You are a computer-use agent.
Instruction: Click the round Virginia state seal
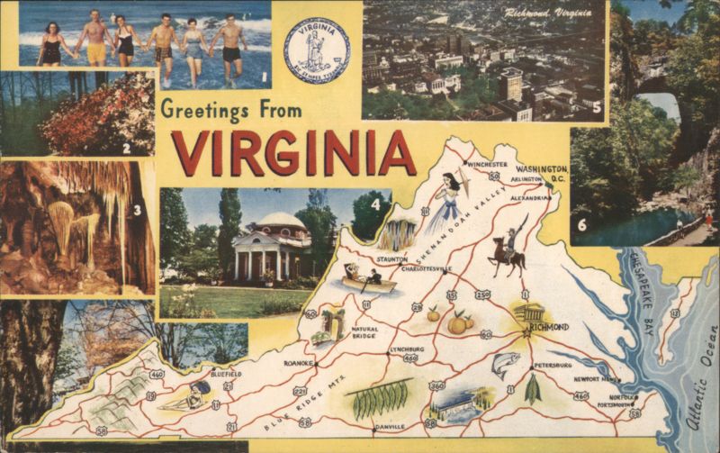[x=317, y=51]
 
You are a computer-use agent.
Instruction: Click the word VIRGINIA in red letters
[x=293, y=154]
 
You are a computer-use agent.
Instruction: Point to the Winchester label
[x=487, y=165]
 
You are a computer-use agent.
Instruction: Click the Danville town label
[x=389, y=426]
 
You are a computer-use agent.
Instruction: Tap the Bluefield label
[x=225, y=373]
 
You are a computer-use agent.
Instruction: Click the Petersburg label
[x=553, y=365]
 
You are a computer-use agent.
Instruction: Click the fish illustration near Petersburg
[x=505, y=363]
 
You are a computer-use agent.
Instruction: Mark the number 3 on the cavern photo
[x=137, y=211]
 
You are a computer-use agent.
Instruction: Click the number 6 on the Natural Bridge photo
[x=581, y=224]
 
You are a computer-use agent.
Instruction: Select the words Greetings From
[x=230, y=110]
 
